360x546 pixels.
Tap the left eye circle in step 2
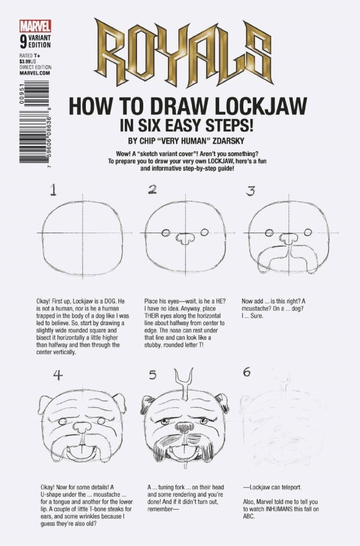[166, 232]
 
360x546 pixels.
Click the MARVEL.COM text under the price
[28, 73]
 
